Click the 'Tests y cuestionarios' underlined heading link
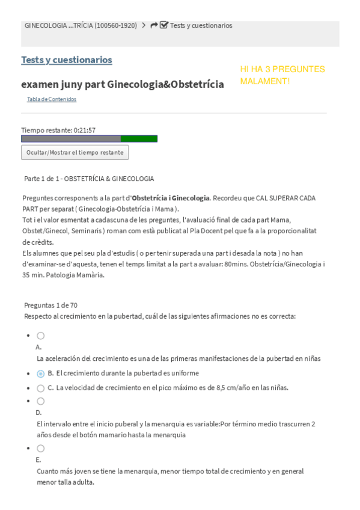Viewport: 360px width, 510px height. click(x=66, y=60)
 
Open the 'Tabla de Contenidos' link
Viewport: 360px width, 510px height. click(x=52, y=99)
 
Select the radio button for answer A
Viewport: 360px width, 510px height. click(x=40, y=336)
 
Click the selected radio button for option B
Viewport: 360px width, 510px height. click(x=40, y=373)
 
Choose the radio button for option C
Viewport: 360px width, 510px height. click(x=40, y=388)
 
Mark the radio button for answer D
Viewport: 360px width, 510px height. click(x=40, y=401)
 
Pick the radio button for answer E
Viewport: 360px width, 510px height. click(x=40, y=448)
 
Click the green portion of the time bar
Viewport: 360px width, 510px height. click(x=139, y=139)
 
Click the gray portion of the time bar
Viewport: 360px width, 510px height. click(x=70, y=139)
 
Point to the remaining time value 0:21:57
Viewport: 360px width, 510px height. click(x=84, y=130)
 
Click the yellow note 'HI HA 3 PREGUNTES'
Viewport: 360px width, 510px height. click(x=282, y=69)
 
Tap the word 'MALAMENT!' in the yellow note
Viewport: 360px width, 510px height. click(x=265, y=81)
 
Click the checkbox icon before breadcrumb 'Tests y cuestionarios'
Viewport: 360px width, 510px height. click(x=164, y=25)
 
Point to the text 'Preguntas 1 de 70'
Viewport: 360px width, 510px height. click(x=50, y=306)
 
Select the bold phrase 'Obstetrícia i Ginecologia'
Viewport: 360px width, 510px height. click(x=171, y=198)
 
